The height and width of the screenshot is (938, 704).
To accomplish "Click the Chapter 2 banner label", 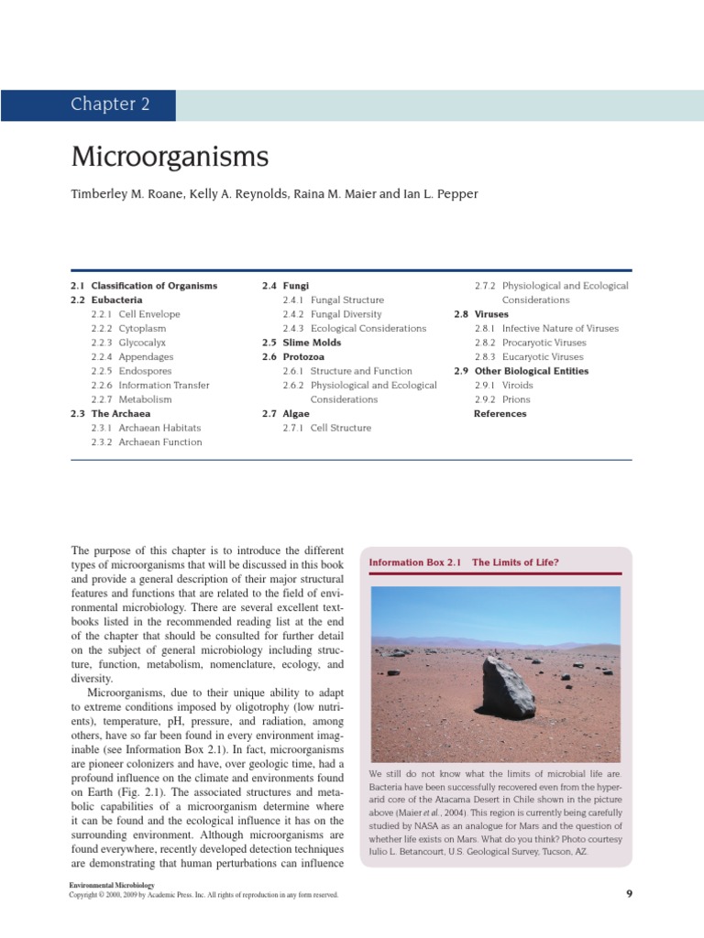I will click(110, 104).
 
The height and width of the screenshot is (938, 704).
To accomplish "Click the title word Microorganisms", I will click(170, 158).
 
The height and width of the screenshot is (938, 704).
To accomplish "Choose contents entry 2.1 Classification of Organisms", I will click(144, 286).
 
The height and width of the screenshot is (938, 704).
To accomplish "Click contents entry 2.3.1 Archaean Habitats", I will click(147, 428).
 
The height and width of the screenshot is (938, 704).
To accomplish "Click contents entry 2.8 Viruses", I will click(483, 314).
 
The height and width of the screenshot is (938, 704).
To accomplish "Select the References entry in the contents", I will click(500, 414).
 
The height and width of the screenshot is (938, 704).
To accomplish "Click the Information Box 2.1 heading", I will click(463, 562).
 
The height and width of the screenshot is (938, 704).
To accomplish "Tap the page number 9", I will click(629, 895).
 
